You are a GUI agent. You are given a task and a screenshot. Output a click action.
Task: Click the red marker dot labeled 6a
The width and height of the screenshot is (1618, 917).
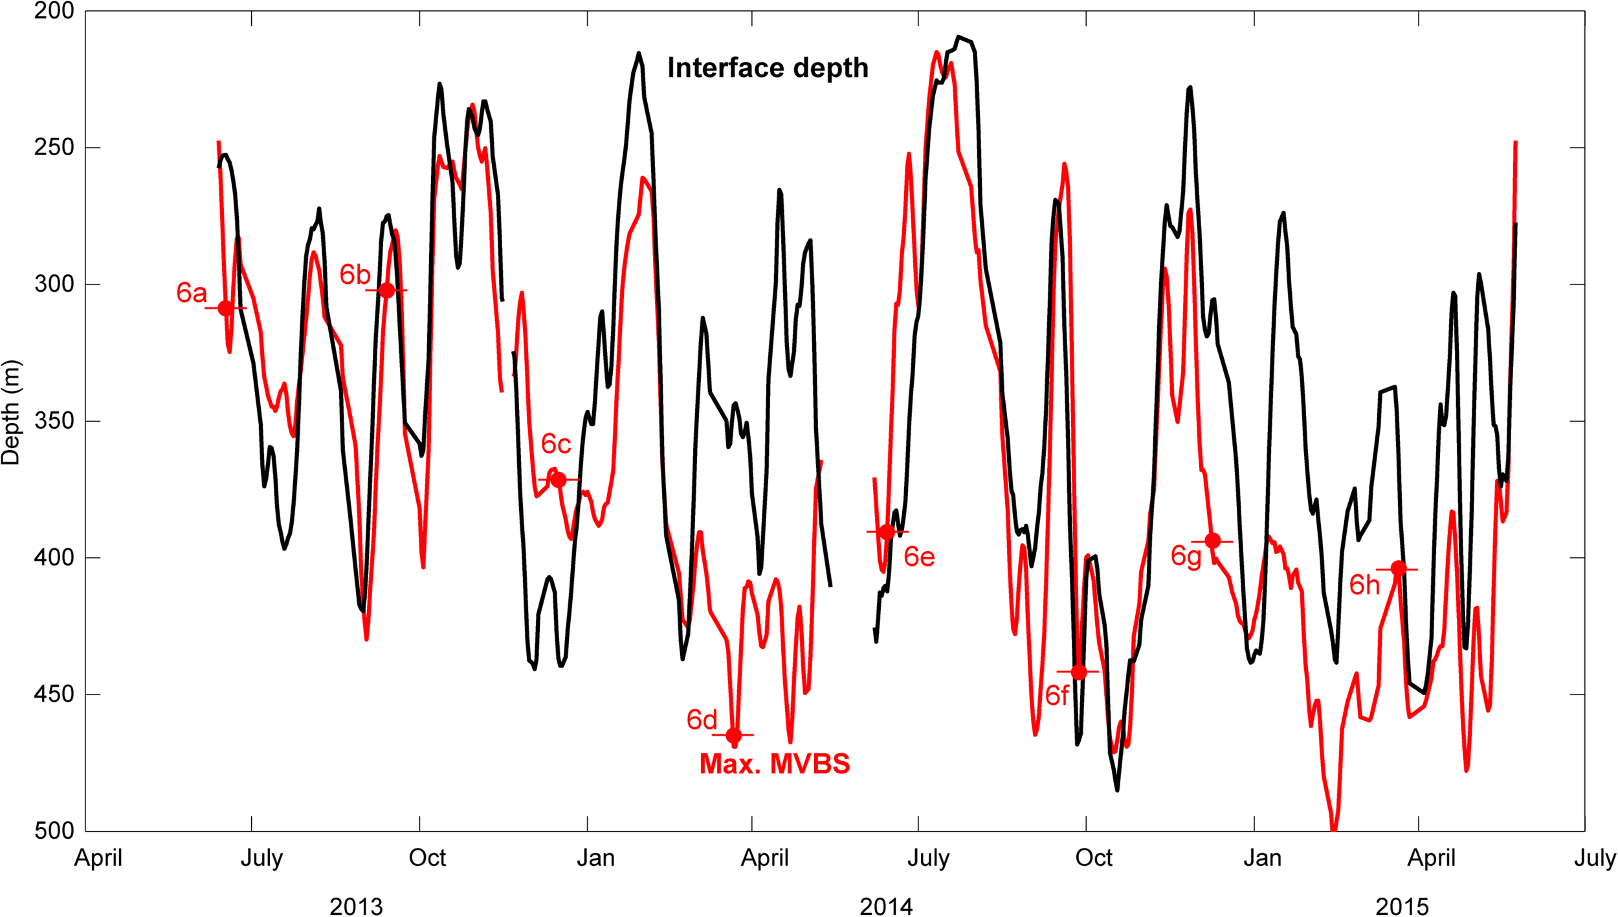(225, 308)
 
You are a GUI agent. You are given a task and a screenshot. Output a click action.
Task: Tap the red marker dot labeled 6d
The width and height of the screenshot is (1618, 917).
(733, 735)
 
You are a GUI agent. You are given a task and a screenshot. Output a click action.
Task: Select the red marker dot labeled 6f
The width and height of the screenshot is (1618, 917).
(1078, 673)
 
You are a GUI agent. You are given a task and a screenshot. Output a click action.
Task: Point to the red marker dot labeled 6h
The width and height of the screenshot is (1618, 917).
(1398, 568)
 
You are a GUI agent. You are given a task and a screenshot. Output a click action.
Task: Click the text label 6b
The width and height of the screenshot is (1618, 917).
(355, 275)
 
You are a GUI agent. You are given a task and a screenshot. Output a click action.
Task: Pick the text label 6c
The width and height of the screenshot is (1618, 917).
(556, 444)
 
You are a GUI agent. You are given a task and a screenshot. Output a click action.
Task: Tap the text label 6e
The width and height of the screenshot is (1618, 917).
(919, 557)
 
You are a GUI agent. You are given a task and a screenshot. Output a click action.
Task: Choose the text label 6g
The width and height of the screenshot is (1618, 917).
(1186, 556)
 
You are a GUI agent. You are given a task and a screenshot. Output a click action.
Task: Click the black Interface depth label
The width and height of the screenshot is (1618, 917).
(768, 68)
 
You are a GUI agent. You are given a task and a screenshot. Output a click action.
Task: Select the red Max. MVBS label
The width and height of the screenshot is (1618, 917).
(775, 764)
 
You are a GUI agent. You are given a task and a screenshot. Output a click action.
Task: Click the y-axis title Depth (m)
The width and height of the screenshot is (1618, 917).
(11, 413)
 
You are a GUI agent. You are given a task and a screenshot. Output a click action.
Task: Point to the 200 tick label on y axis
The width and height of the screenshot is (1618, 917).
(54, 11)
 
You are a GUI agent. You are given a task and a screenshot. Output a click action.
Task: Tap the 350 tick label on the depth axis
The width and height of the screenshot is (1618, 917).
(54, 421)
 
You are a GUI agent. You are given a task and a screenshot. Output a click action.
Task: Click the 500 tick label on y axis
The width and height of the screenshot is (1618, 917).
(54, 830)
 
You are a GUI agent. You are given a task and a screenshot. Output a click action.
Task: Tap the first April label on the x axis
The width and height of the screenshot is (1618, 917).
(98, 858)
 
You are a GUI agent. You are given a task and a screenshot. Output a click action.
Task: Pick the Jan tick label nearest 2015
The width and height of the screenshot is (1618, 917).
(1262, 858)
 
